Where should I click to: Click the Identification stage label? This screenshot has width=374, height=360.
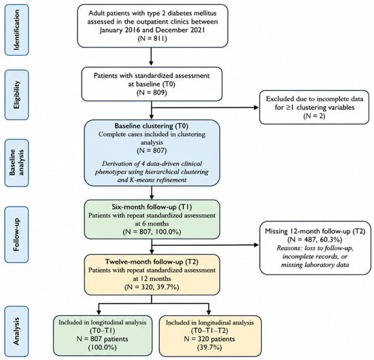[17, 30]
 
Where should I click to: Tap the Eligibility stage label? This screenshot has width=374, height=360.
[17, 94]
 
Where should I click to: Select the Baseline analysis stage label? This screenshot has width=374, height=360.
[17, 162]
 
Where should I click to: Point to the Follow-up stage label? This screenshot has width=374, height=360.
[17, 234]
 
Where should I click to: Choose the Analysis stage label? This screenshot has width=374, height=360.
[17, 331]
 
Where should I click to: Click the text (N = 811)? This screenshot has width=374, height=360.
[152, 38]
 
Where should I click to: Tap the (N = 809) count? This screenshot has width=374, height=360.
[152, 92]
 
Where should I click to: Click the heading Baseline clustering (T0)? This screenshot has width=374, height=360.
[152, 126]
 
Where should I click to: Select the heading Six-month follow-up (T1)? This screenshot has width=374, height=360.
[152, 206]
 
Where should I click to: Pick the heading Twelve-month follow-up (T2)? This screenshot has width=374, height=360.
[152, 262]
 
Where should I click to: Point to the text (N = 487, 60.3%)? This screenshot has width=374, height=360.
[315, 240]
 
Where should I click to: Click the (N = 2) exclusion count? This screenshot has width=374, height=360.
[314, 115]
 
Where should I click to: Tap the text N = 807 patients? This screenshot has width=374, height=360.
[102, 339]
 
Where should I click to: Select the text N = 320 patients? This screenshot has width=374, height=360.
[209, 339]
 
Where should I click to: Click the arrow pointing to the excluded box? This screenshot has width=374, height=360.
[205, 107]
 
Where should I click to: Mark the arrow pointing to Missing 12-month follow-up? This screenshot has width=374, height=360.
[205, 245]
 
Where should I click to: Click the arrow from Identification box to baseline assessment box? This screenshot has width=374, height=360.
[151, 56]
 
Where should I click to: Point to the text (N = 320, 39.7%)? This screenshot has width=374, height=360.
[152, 287]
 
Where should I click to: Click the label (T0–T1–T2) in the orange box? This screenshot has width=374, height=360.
[209, 331]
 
